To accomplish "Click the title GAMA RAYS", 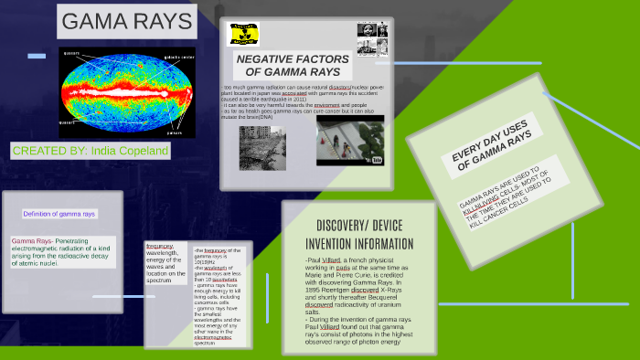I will point(126,22).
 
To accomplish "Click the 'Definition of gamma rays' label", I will point(59,214).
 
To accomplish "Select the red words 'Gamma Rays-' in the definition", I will point(31,240).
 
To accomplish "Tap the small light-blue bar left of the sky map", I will point(36,56).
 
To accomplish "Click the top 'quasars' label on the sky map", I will point(71,53).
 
